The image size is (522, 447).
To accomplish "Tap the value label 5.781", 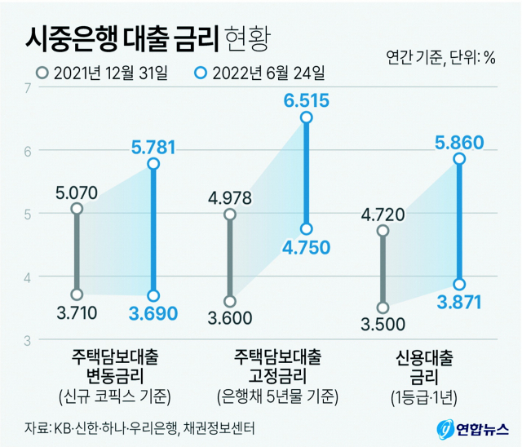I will tap(153, 148).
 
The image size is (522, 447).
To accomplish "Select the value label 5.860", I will tap(460, 141).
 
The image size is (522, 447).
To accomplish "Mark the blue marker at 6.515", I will tap(307, 117).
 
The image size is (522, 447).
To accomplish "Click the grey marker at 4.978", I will tap(230, 215).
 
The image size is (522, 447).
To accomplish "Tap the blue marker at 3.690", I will tap(153, 295).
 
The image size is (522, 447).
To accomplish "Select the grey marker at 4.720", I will tap(383, 231).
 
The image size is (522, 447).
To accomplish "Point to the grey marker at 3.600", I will tap(230, 301).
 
